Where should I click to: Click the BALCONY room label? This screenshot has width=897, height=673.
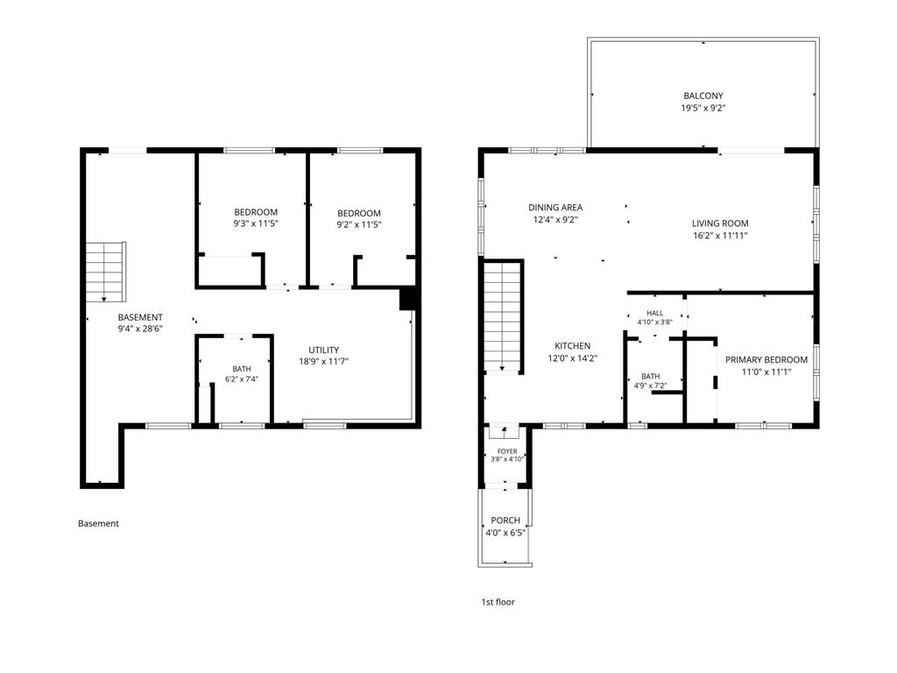click(x=703, y=96)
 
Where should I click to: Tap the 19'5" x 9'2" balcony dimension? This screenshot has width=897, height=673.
click(x=703, y=108)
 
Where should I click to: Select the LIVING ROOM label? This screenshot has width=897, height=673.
click(x=720, y=223)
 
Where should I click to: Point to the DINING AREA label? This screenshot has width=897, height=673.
click(x=555, y=208)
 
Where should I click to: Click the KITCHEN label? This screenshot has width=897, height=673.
click(x=573, y=346)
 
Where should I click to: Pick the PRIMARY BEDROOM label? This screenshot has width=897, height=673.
click(x=766, y=360)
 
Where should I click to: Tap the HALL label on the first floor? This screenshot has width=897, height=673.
click(x=655, y=313)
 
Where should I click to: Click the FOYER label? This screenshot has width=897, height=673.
click(x=507, y=451)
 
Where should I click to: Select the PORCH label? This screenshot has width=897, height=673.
click(x=505, y=521)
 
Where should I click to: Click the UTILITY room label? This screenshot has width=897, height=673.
click(x=324, y=351)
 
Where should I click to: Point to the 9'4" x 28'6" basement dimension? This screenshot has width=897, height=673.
click(x=140, y=329)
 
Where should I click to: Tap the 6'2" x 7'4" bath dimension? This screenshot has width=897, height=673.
click(x=242, y=379)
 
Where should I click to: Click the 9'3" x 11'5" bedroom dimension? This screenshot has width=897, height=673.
click(x=256, y=224)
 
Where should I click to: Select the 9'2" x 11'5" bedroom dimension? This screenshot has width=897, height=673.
click(x=358, y=225)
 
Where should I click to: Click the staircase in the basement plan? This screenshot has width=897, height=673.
click(x=106, y=272)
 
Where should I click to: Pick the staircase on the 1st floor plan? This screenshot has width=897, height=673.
click(x=502, y=317)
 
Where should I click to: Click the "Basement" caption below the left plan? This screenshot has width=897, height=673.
click(x=98, y=524)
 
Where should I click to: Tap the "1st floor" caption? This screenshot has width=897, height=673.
click(x=498, y=602)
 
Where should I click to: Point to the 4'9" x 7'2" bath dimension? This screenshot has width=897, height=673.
click(x=651, y=386)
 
